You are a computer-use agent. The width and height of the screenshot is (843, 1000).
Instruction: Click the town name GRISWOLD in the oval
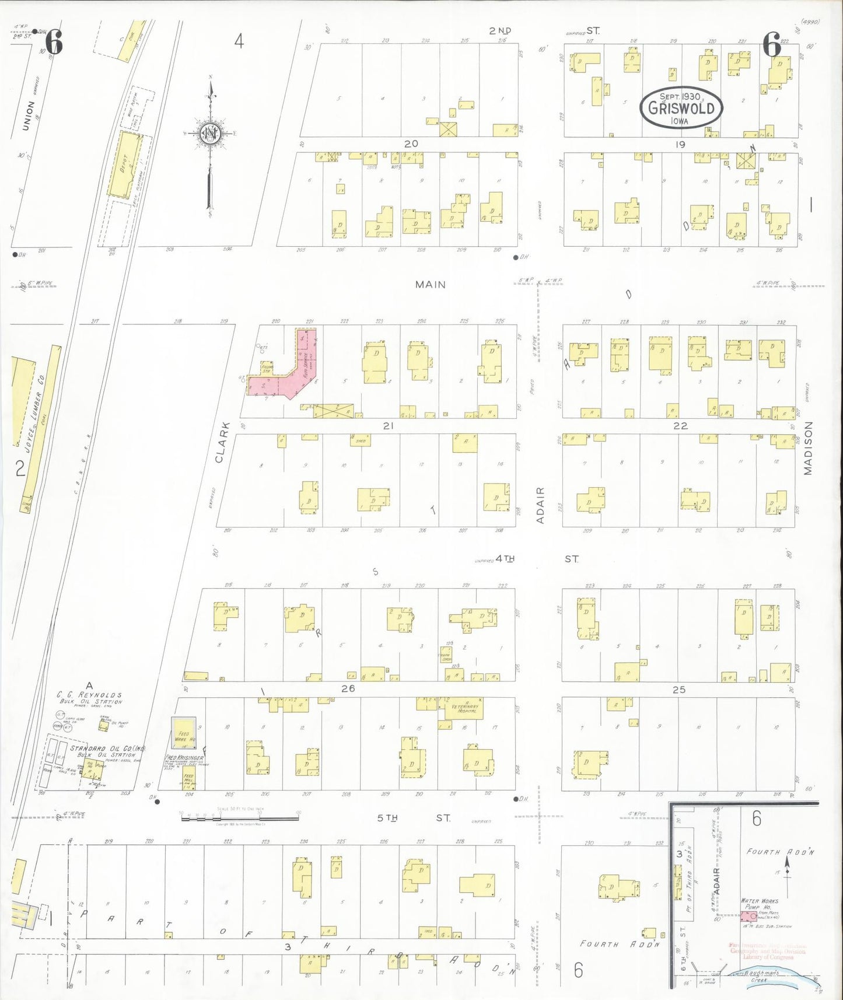[681, 109]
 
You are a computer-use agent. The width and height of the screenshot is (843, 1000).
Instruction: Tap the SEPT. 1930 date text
[680, 96]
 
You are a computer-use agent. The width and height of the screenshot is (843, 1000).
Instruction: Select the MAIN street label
[431, 285]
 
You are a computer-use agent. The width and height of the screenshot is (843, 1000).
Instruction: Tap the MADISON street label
[808, 448]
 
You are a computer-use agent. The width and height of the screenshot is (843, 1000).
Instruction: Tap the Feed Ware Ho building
[183, 737]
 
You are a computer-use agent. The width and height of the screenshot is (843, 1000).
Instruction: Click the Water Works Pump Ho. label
[760, 904]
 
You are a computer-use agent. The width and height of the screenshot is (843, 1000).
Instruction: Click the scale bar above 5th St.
[239, 817]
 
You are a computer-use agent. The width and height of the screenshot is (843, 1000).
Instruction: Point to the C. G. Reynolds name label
[90, 695]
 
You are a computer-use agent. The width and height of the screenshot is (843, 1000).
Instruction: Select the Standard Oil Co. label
[107, 748]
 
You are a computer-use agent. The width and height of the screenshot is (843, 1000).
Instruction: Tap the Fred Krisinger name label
[184, 757]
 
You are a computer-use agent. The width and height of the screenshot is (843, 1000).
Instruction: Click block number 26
[348, 688]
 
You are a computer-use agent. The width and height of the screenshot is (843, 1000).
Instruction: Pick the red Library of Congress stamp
[767, 952]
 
